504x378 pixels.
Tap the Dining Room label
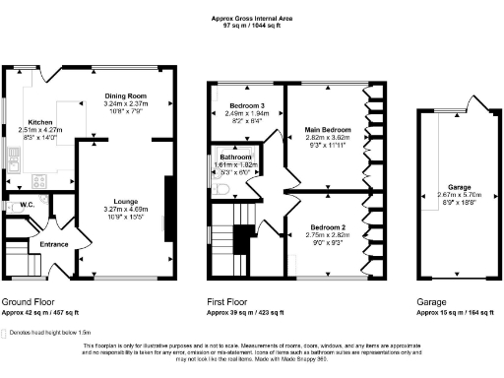(126, 95)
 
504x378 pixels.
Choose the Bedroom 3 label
(246, 105)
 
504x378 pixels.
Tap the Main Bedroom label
(325, 129)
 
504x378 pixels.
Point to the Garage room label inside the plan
(458, 186)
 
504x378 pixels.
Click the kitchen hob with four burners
(39, 179)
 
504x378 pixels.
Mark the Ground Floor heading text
(27, 301)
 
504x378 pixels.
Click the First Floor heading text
(231, 301)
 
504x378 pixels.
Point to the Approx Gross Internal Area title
(252, 18)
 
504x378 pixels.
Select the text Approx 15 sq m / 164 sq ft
(456, 312)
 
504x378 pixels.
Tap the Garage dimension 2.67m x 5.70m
(458, 194)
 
